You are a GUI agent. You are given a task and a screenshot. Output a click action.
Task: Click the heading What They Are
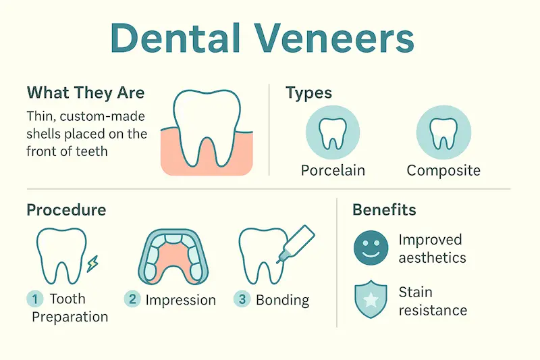(x=85, y=93)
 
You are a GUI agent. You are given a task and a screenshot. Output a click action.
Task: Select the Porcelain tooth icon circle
(x=332, y=132)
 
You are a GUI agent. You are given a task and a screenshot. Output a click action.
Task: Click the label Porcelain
(x=333, y=170)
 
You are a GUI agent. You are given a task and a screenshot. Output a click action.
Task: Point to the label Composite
(x=443, y=170)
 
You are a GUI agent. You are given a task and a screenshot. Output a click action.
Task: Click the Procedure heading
(x=66, y=209)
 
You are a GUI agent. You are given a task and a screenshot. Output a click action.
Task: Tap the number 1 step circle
(x=34, y=299)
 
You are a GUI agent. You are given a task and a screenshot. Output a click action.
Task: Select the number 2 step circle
(x=132, y=299)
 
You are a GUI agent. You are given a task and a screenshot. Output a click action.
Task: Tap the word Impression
(x=180, y=300)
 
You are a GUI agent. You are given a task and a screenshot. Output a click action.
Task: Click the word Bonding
(x=282, y=300)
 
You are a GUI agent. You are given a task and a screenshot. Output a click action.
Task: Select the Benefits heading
(x=384, y=209)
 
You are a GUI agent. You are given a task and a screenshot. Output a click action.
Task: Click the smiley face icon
(x=371, y=247)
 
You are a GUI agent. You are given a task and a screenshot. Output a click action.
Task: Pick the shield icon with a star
(x=371, y=300)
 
